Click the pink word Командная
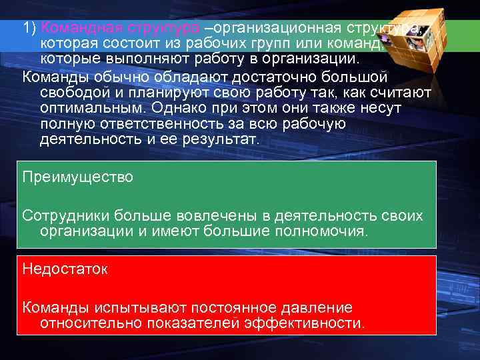(x=73, y=28)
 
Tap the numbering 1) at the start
(x=29, y=28)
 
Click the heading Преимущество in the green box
(x=78, y=177)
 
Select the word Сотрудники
(x=66, y=215)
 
